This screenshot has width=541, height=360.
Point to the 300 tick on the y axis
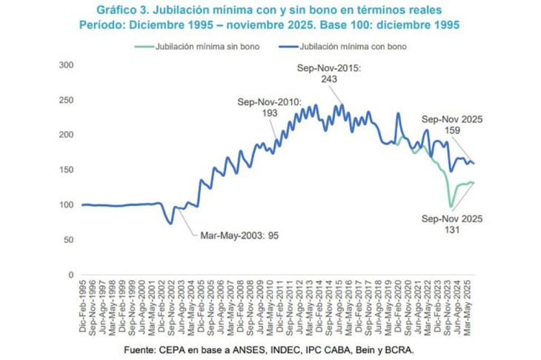[x=67, y=65]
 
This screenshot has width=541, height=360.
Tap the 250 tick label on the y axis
[x=67, y=100]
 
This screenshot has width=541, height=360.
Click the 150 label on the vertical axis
[x=67, y=170]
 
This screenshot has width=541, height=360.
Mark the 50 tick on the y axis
[x=69, y=240]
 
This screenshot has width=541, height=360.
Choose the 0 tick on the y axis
[x=71, y=275]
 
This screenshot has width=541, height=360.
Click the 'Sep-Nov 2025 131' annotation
[x=452, y=224]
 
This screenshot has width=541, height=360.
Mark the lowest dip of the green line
[x=450, y=207]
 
